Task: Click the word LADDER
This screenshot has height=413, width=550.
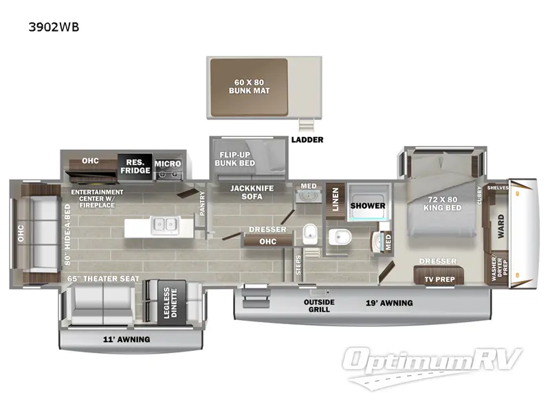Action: [307, 140]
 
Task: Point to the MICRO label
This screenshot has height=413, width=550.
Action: [168, 164]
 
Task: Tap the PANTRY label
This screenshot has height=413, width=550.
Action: [202, 204]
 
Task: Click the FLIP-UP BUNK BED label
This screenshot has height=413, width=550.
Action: [239, 159]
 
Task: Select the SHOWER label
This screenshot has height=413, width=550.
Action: [368, 205]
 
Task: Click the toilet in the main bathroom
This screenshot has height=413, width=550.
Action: [338, 237]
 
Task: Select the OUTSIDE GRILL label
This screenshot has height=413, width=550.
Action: [319, 306]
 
